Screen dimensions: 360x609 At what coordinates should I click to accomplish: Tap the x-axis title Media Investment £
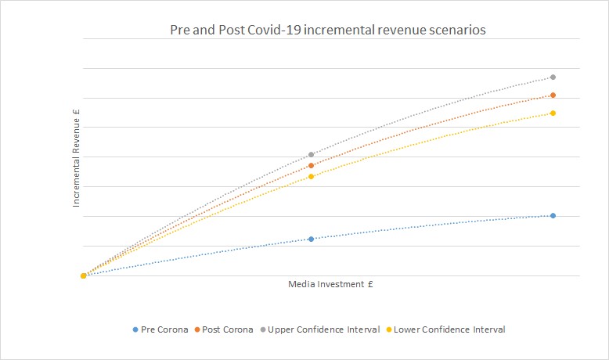330,284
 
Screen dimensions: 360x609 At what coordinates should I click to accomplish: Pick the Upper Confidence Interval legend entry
323,329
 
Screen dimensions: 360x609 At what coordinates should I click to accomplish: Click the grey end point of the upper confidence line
553,77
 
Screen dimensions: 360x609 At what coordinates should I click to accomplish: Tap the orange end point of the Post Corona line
553,95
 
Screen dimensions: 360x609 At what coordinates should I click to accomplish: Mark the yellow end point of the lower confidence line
553,113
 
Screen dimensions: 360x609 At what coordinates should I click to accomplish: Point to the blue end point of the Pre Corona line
553,216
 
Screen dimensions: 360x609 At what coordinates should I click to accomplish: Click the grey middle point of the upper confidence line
311,155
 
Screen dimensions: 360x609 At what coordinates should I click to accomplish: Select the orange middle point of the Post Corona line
311,166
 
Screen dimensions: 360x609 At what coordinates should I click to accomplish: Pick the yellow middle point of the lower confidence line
311,177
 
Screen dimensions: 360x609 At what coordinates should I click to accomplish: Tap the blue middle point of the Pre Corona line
311,239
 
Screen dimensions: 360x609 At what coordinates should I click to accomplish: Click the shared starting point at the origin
83,275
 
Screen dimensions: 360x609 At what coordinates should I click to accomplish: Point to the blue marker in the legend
135,329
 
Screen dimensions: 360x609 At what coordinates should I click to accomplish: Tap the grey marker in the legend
262,329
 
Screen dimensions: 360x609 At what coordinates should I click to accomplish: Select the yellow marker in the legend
389,329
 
